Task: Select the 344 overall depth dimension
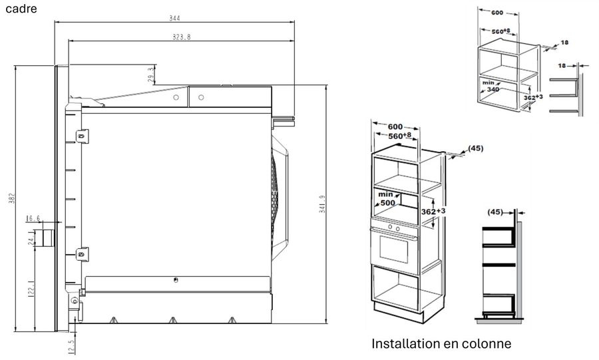[175, 18]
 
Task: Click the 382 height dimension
[11, 199]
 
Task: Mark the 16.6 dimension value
[33, 218]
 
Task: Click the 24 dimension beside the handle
[31, 240]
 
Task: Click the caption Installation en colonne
[441, 344]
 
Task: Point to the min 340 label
[491, 85]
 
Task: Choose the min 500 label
[386, 198]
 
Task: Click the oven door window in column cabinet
[394, 248]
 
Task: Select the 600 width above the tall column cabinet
[395, 126]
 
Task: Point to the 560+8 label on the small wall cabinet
[500, 31]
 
